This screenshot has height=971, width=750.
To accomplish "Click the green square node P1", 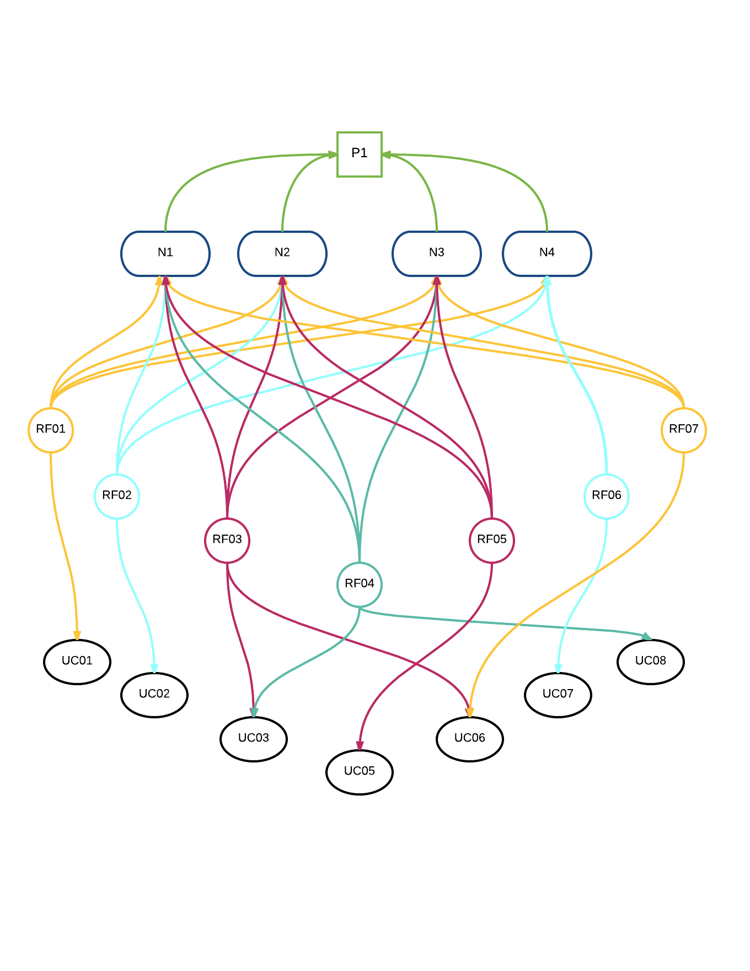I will [x=359, y=154].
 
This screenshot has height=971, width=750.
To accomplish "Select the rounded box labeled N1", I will [x=165, y=253].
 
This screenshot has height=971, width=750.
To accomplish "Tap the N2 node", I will [x=282, y=253].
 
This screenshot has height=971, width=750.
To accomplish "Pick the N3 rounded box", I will [x=437, y=253].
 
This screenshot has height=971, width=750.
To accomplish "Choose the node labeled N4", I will [x=547, y=253].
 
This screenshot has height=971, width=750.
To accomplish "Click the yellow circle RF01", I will [x=51, y=430].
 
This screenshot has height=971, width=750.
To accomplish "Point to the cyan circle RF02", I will [x=117, y=496].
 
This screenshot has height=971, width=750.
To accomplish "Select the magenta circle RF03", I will [x=227, y=540].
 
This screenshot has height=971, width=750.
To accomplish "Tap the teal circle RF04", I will [x=360, y=584].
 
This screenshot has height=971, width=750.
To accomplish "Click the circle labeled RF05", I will [x=492, y=540].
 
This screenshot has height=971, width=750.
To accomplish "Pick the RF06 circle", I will [x=607, y=496].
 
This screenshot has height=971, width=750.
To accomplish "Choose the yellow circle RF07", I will [x=684, y=430].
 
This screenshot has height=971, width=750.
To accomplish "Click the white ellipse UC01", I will [x=77, y=661].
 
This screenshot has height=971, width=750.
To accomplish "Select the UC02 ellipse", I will [x=154, y=695].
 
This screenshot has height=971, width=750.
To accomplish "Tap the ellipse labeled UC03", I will [x=254, y=739].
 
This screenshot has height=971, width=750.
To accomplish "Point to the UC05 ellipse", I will [x=360, y=772].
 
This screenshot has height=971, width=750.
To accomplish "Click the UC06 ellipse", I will [x=470, y=739].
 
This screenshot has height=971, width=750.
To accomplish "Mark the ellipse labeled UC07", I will [x=558, y=695].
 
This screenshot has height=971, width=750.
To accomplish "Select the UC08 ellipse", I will [x=651, y=661].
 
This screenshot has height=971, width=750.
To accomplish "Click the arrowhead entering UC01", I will [x=77, y=636].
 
